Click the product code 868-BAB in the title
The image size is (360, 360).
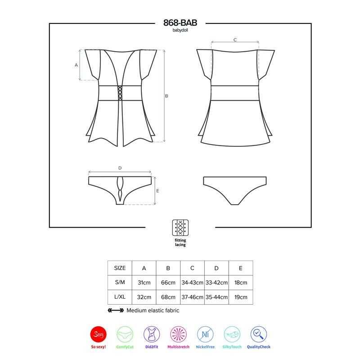click(180, 23)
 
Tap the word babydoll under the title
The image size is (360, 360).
click(180, 30)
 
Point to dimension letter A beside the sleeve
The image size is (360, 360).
click(76, 65)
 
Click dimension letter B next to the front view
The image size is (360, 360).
click(166, 96)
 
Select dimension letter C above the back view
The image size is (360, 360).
click(235, 40)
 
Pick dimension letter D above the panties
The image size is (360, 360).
click(120, 168)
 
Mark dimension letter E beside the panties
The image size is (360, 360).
click(157, 191)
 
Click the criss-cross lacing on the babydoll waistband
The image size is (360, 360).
click(120, 93)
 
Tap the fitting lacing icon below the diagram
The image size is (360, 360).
click(180, 228)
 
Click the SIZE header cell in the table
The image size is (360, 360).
click(120, 268)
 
